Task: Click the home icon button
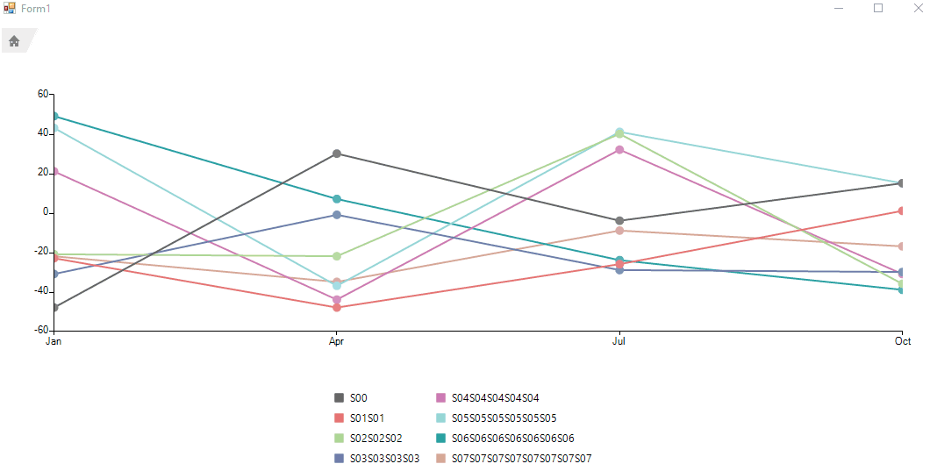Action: pyautogui.click(x=14, y=40)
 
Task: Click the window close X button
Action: pyautogui.click(x=918, y=8)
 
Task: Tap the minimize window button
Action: pyautogui.click(x=839, y=8)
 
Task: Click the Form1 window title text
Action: pyautogui.click(x=36, y=8)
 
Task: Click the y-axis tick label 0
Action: pyautogui.click(x=47, y=212)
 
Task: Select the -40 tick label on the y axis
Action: pyautogui.click(x=42, y=291)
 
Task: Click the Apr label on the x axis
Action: pyautogui.click(x=336, y=341)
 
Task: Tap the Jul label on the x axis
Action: pyautogui.click(x=619, y=341)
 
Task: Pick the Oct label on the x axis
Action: pyautogui.click(x=903, y=341)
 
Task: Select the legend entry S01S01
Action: pyautogui.click(x=367, y=418)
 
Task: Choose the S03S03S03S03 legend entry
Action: pyautogui.click(x=384, y=459)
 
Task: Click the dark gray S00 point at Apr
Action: pyautogui.click(x=336, y=153)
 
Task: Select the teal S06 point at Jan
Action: pyautogui.click(x=54, y=116)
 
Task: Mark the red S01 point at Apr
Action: pyautogui.click(x=336, y=307)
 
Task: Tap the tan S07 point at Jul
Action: pyautogui.click(x=619, y=231)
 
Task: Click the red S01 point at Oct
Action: pyautogui.click(x=901, y=211)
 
